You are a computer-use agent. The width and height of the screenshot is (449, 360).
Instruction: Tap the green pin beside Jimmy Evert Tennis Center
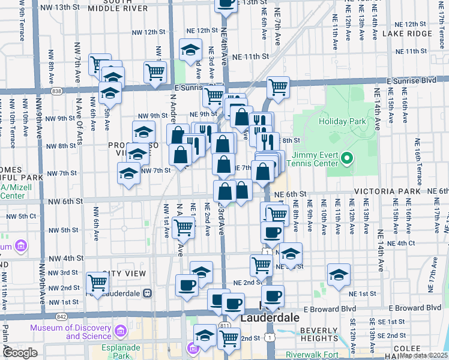[x=346, y=158]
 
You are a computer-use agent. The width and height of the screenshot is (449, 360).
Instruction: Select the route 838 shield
[x=56, y=91]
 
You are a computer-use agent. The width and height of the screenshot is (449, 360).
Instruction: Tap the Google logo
[x=20, y=353]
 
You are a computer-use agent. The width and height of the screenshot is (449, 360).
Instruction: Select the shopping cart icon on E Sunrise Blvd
[x=278, y=87]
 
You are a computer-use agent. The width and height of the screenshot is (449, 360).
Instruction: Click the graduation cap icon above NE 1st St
[x=339, y=273]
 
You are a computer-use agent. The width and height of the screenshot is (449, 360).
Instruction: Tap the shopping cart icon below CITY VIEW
[x=97, y=282]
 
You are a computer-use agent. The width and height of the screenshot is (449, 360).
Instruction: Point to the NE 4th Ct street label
[x=402, y=243]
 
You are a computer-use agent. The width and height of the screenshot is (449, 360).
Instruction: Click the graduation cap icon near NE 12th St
[x=190, y=49]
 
